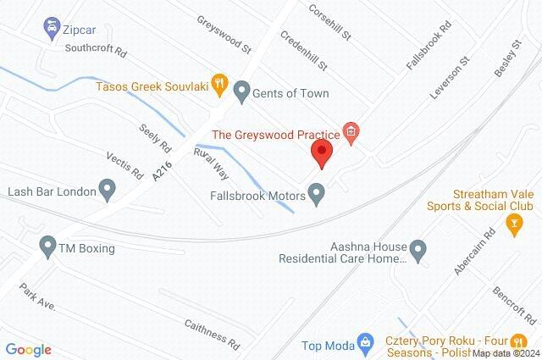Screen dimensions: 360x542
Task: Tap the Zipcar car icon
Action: (x=52, y=28)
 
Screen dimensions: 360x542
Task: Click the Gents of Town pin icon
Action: (x=242, y=91)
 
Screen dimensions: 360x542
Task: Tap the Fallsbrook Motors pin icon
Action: (x=318, y=194)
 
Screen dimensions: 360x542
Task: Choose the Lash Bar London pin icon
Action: (x=108, y=189)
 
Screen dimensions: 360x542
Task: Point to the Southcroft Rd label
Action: (x=95, y=49)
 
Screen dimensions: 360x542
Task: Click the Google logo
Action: (x=28, y=349)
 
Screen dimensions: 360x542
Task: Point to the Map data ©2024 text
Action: (x=505, y=353)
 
